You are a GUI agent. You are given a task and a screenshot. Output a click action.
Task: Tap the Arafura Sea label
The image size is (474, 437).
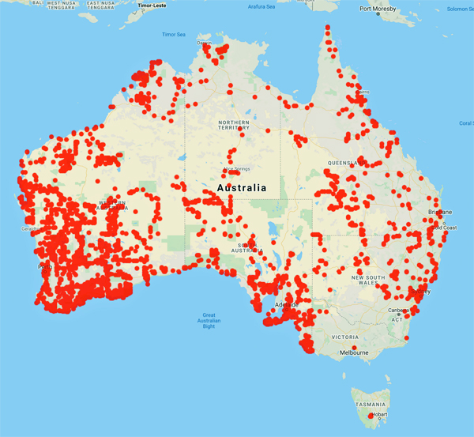click(261, 6)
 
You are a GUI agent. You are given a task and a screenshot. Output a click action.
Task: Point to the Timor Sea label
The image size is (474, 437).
click(174, 35)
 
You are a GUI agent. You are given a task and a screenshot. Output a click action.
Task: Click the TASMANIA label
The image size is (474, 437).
click(371, 404)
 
